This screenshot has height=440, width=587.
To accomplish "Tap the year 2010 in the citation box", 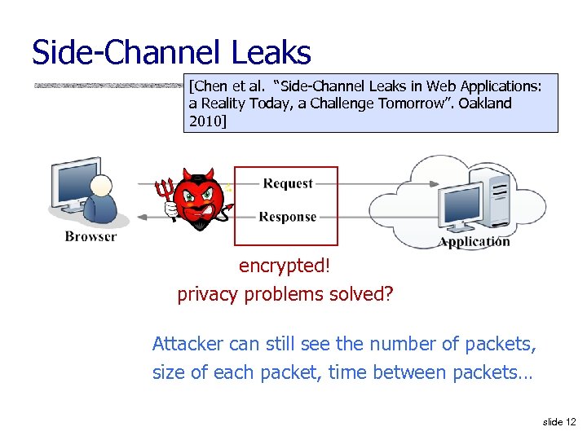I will (x=205, y=121).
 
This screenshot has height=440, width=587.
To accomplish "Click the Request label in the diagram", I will (x=288, y=183).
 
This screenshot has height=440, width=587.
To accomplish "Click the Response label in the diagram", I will (x=287, y=217).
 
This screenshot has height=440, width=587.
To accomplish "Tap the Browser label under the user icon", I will (x=90, y=236).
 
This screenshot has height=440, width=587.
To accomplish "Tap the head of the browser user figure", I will (x=101, y=185).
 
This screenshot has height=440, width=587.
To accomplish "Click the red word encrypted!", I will (x=285, y=266).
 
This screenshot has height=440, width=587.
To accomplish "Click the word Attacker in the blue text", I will (x=185, y=344).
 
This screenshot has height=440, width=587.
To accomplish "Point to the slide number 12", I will (x=569, y=421).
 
